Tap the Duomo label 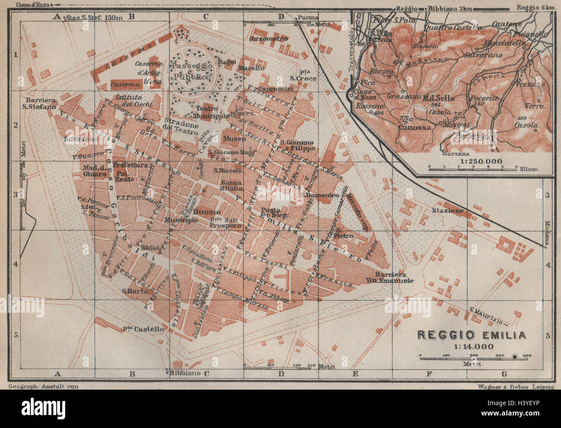[x=207, y=212]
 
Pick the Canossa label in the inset [x=415, y=127]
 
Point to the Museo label [x=234, y=138]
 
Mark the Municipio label [x=181, y=220]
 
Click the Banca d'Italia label [x=231, y=185]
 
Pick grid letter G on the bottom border [x=504, y=374]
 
